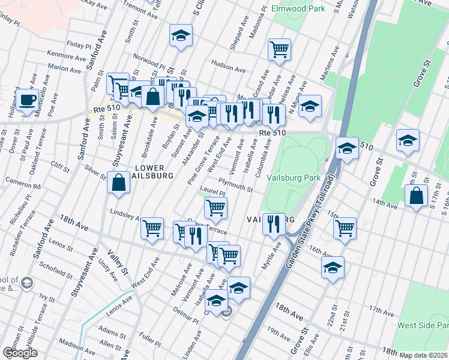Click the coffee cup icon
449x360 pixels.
pyautogui.click(x=28, y=100)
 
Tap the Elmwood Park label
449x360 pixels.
pyautogui.click(x=298, y=8)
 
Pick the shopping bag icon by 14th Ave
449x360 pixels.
pyautogui.click(x=416, y=195)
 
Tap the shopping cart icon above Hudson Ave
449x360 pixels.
pyautogui.click(x=279, y=49)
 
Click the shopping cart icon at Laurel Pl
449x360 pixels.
pyautogui.click(x=215, y=208)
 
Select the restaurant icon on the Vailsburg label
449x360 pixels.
pyautogui.click(x=274, y=223)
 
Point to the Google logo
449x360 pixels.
pyautogui.click(x=19, y=353)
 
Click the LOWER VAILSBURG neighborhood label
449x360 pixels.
pyautogui.click(x=154, y=172)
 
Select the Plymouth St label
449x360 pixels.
pyautogui.click(x=235, y=184)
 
